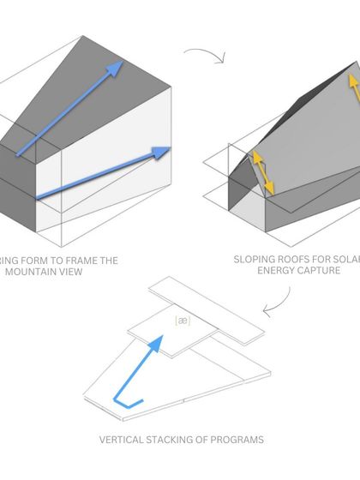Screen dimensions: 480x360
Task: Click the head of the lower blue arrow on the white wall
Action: tap(161, 153)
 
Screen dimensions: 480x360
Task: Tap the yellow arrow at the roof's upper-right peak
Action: tap(351, 86)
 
